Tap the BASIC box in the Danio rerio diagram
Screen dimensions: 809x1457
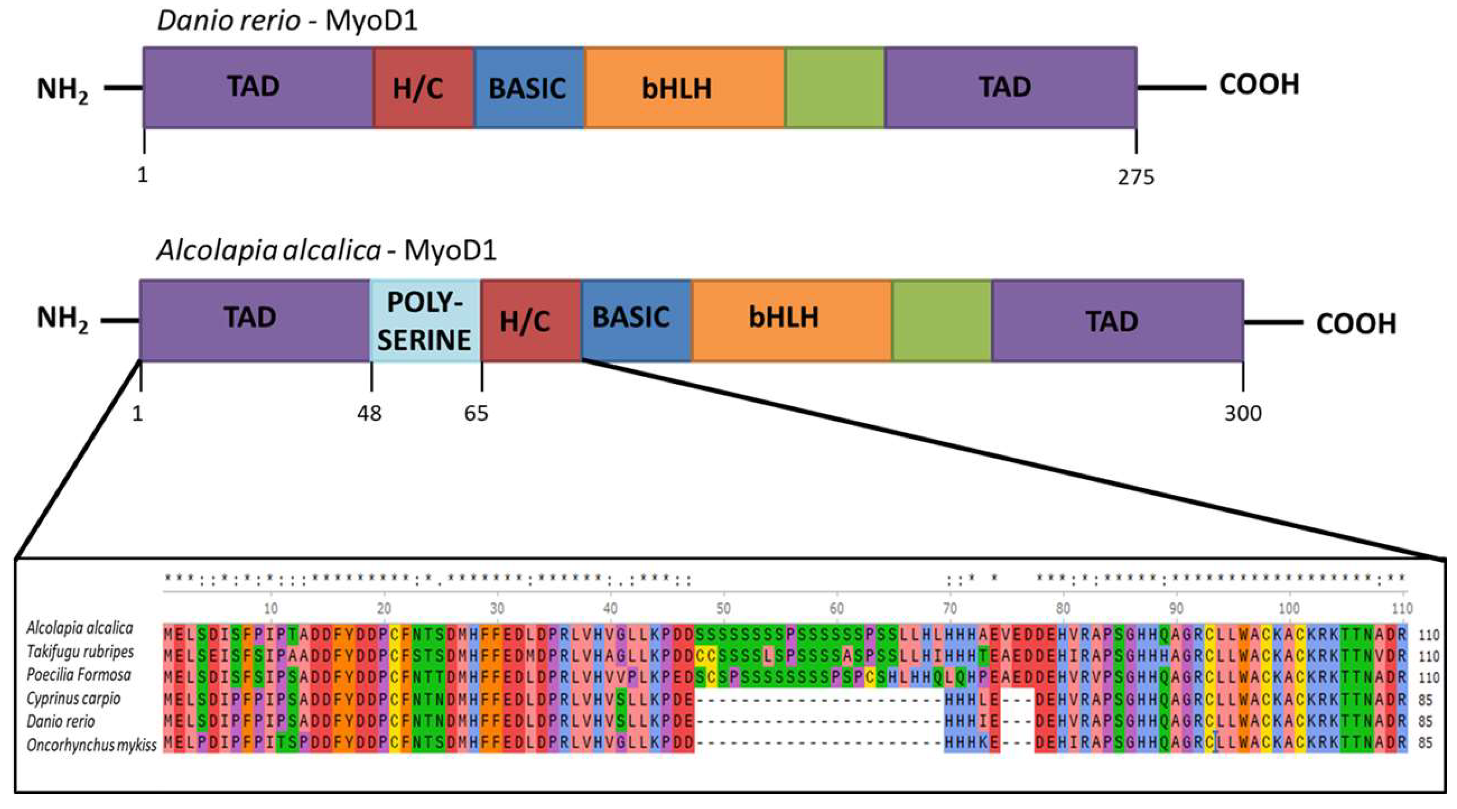528,88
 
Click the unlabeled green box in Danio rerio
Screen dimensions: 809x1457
834,88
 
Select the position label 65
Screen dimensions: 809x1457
476,413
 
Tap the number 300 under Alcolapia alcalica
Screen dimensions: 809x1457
1243,413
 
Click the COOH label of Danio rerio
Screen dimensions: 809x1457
1259,85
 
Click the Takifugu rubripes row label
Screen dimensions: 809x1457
80,652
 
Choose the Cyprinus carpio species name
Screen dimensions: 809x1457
74,699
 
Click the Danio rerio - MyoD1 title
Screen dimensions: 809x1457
287,21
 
